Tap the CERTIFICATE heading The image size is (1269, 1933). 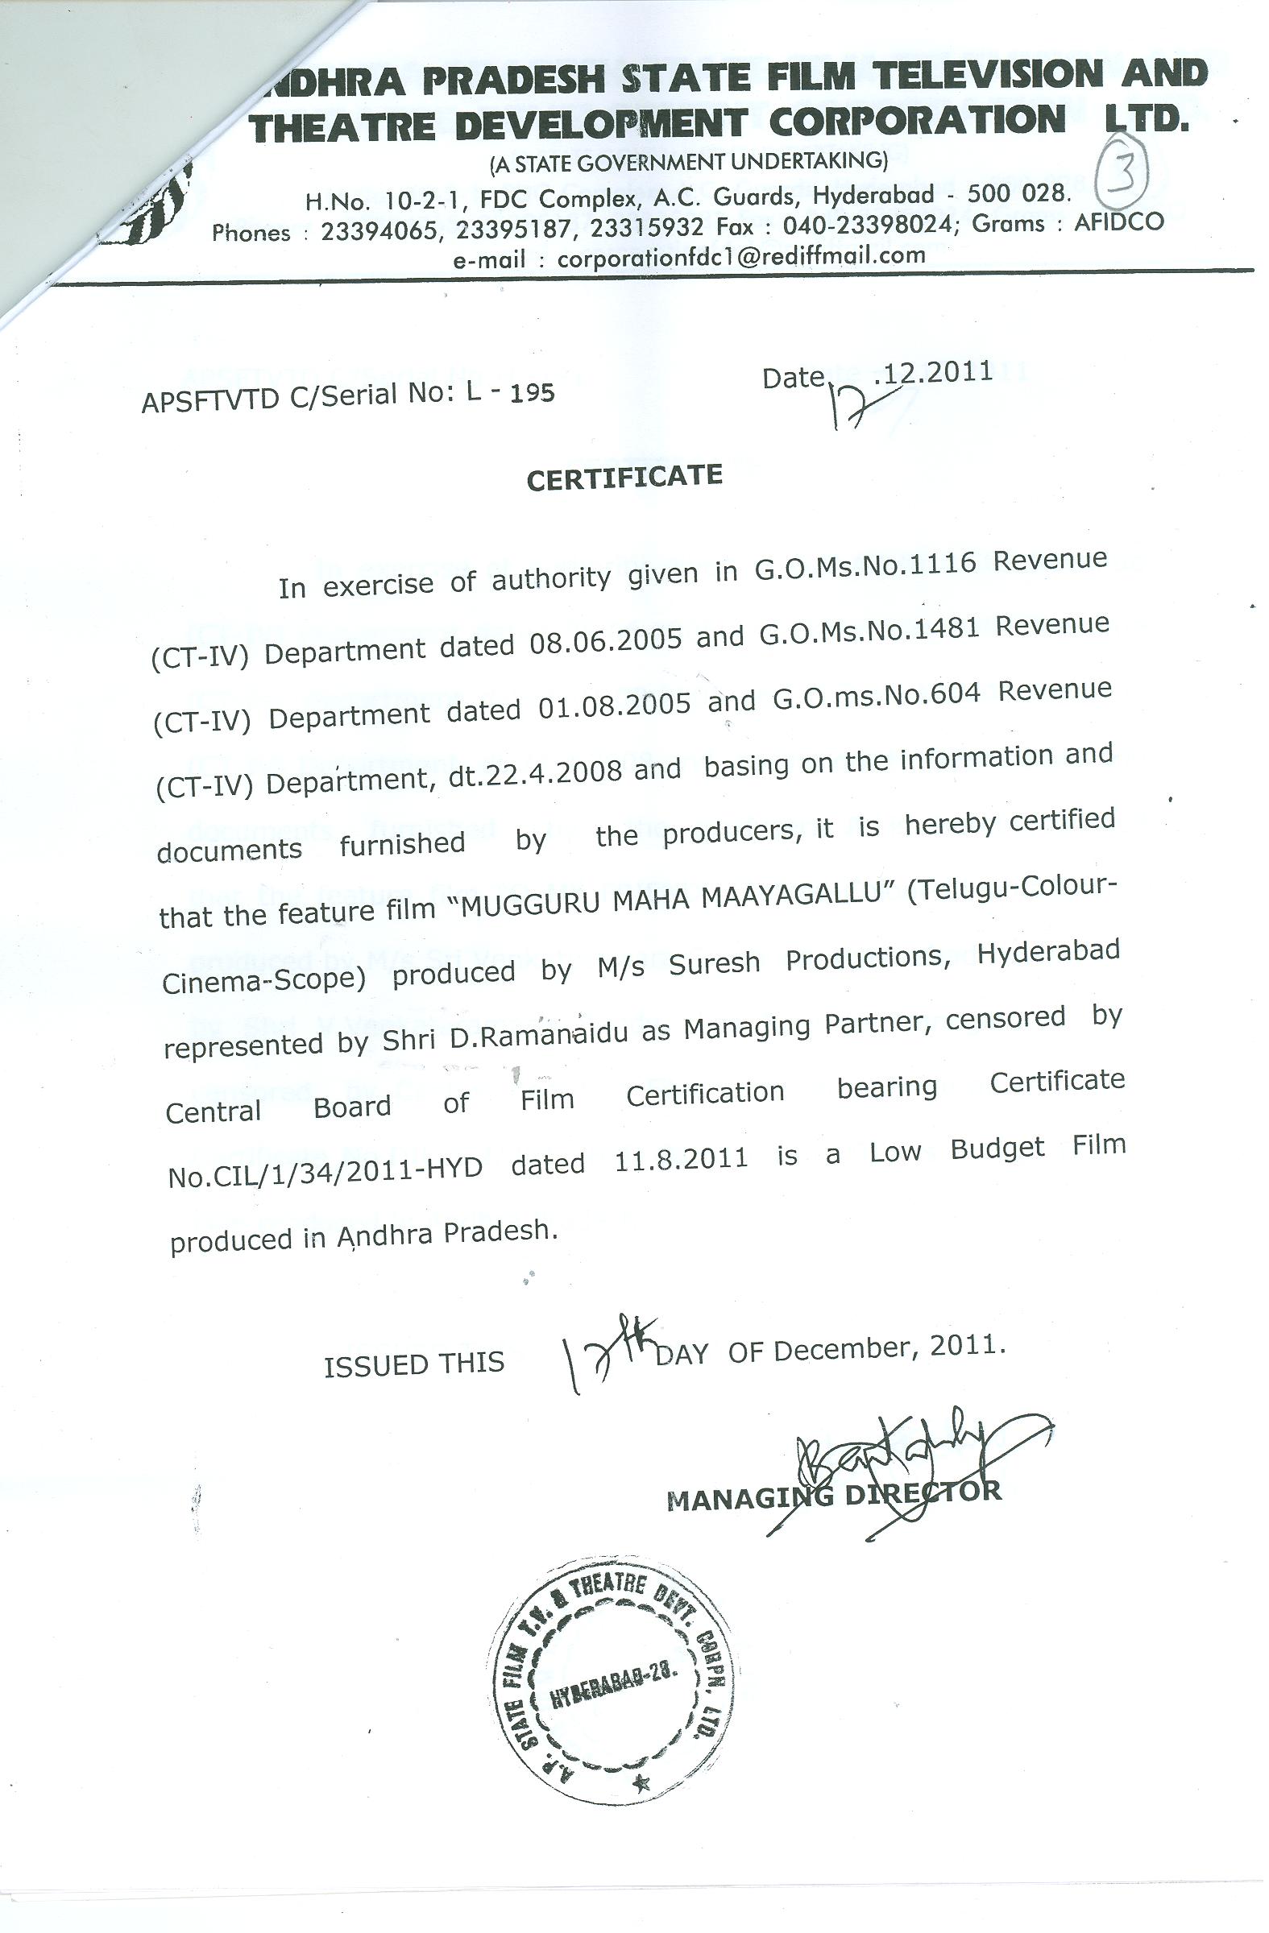[x=624, y=478]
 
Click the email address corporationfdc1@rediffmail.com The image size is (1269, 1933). [x=742, y=257]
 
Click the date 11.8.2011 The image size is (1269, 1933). [x=681, y=1159]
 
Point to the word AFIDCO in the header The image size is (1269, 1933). [x=1118, y=221]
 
